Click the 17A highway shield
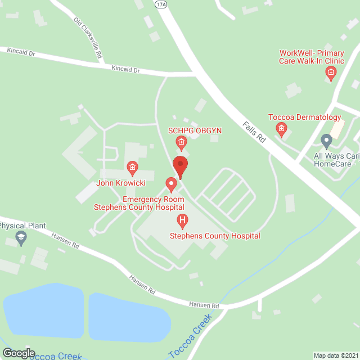coord(160,3)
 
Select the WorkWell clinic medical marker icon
coord(331,72)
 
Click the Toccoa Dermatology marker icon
coord(281,130)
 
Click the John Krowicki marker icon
coord(132,167)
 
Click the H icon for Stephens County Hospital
coord(182,220)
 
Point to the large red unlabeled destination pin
coord(180,166)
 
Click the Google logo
coord(18,353)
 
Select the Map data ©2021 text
coord(335,355)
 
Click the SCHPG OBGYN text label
coord(195,130)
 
